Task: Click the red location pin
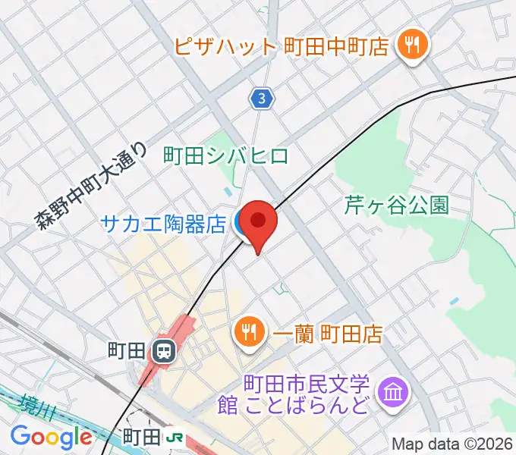pyautogui.click(x=260, y=222)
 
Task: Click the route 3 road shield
pyautogui.click(x=262, y=97)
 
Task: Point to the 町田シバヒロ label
pyautogui.click(x=226, y=156)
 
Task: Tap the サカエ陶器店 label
pyautogui.click(x=164, y=224)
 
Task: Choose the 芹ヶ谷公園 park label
pyautogui.click(x=397, y=205)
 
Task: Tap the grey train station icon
pyautogui.click(x=162, y=350)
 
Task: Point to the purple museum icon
pyautogui.click(x=395, y=393)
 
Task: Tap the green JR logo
pyautogui.click(x=175, y=437)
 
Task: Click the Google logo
pyautogui.click(x=51, y=437)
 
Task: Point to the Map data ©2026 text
pyautogui.click(x=452, y=444)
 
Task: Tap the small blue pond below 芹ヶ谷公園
pyautogui.click(x=454, y=301)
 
